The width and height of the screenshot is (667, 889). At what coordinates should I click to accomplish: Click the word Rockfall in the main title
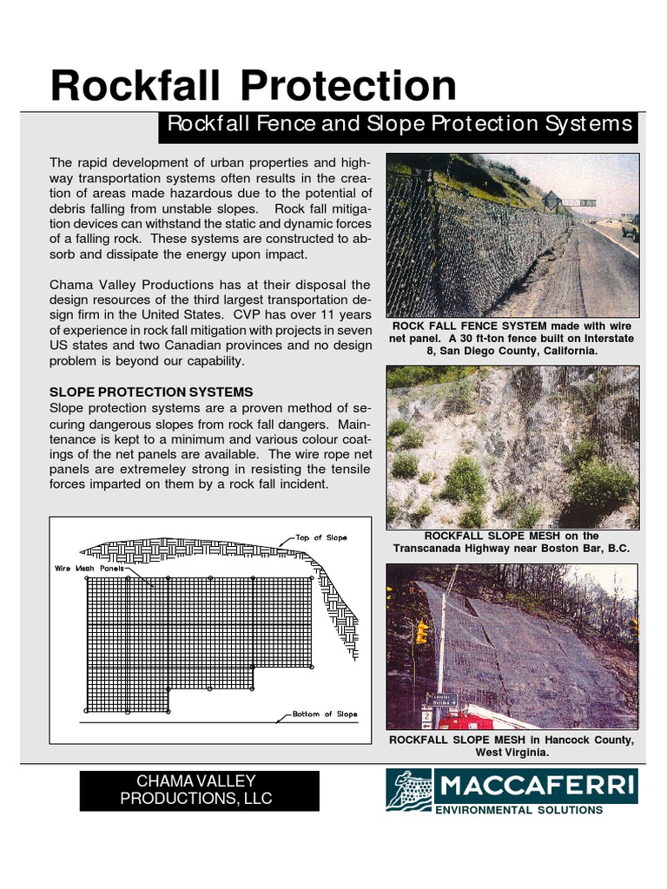coord(133,86)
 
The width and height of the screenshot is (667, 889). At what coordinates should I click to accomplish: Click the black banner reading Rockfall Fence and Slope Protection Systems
coord(399,125)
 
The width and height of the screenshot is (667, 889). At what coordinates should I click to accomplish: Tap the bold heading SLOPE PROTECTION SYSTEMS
coord(151,392)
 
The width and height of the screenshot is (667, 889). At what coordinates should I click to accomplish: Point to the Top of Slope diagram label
coord(320,537)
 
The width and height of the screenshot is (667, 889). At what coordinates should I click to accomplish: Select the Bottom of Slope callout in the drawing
coord(324,714)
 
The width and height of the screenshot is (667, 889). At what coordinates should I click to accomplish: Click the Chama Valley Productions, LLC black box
coord(199,790)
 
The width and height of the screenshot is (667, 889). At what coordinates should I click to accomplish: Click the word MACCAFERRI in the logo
coord(536,787)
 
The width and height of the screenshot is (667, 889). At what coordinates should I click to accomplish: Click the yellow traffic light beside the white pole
coord(422,631)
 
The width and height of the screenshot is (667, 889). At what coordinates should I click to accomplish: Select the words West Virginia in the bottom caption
coord(512,752)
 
